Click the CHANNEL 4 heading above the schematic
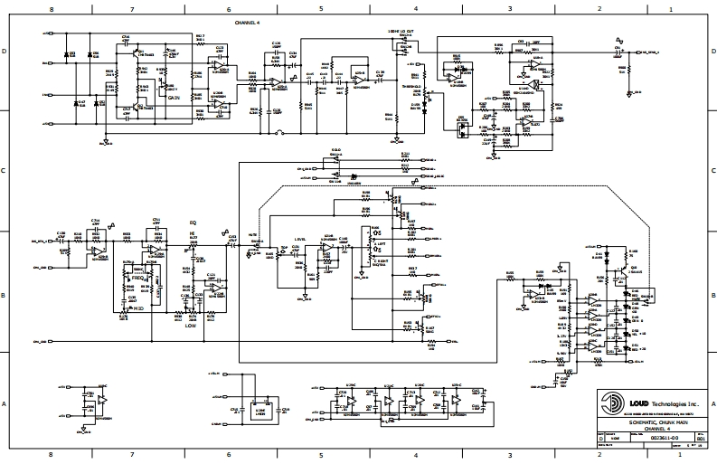pyautogui.click(x=246, y=20)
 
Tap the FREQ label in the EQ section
pyautogui.click(x=138, y=278)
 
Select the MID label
pyautogui.click(x=139, y=308)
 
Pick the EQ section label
pyautogui.click(x=192, y=222)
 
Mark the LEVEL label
pyautogui.click(x=300, y=240)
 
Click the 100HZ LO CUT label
pyautogui.click(x=401, y=32)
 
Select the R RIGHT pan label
pyautogui.click(x=382, y=260)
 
